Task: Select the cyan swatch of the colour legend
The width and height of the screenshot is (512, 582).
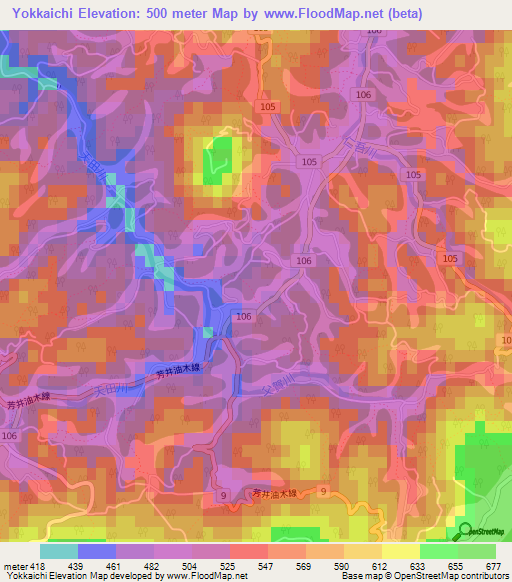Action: pos(59,551)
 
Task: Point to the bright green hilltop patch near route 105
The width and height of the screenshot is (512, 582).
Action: pos(217,162)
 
